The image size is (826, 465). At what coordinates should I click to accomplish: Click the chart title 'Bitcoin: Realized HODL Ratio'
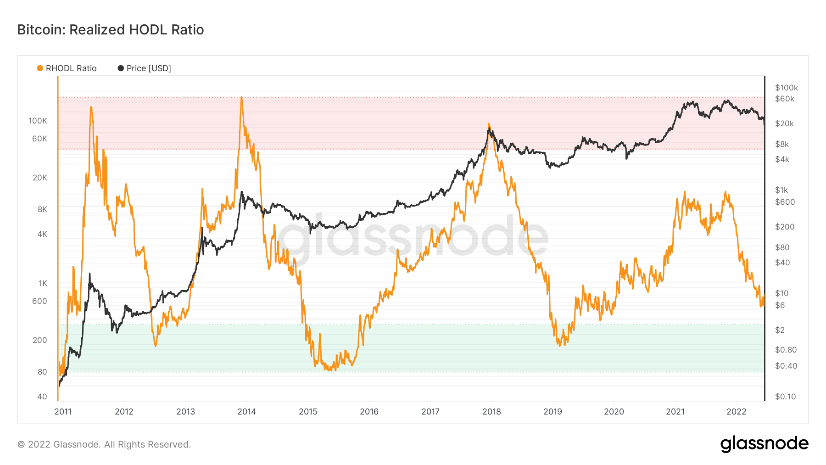(x=111, y=30)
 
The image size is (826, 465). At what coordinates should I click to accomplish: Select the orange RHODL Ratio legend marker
(x=40, y=68)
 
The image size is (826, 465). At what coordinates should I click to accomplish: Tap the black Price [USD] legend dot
(x=121, y=68)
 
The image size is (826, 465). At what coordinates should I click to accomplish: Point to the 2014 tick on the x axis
(x=246, y=412)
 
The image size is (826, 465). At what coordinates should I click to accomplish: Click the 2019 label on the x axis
(x=553, y=412)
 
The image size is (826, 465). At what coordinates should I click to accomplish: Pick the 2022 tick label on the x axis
(x=736, y=412)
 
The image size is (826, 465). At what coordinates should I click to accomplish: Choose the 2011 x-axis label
(x=63, y=412)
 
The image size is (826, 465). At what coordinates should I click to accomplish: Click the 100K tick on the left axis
(x=38, y=121)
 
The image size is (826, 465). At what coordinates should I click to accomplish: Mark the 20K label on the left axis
(x=40, y=178)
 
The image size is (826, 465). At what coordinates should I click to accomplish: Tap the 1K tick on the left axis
(x=43, y=284)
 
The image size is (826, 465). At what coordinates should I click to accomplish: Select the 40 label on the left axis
(x=42, y=397)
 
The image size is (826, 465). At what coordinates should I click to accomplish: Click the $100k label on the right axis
(x=787, y=88)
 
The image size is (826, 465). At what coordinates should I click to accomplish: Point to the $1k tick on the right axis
(x=781, y=190)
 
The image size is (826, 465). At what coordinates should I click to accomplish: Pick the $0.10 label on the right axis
(x=785, y=397)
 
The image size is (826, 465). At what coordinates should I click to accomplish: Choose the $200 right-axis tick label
(x=785, y=227)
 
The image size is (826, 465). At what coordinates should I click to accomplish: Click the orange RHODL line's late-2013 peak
(x=241, y=98)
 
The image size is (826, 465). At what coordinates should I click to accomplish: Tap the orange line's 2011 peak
(x=91, y=107)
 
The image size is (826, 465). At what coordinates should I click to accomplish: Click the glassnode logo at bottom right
(x=764, y=444)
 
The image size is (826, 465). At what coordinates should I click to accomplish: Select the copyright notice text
(x=104, y=444)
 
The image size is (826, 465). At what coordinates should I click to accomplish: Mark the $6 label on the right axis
(x=780, y=306)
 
